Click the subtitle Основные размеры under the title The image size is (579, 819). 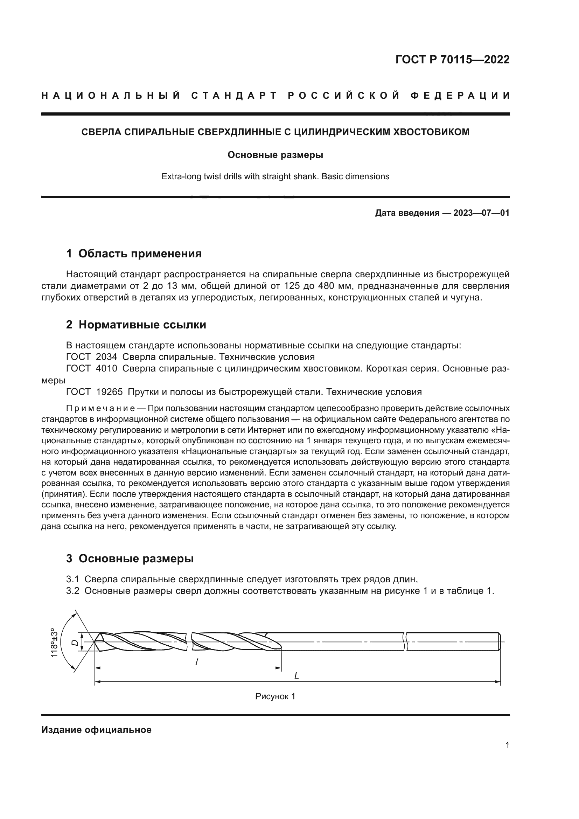click(275, 155)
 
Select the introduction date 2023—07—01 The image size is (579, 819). click(481, 213)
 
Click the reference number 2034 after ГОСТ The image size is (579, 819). click(106, 357)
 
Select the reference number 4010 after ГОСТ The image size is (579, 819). click(106, 368)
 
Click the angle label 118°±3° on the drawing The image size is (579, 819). click(54, 643)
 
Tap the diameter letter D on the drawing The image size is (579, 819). click(75, 643)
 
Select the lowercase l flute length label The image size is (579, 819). click(196, 662)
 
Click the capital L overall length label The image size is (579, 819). click(296, 675)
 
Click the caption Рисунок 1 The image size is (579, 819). click(275, 696)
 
